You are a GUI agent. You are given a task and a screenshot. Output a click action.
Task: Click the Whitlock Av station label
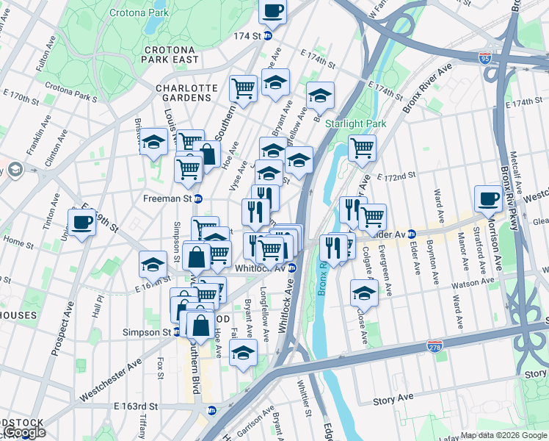(261, 268)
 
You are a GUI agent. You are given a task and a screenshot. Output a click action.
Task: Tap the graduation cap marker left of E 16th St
(153, 263)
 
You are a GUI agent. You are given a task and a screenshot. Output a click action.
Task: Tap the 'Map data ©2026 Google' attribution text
(503, 435)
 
